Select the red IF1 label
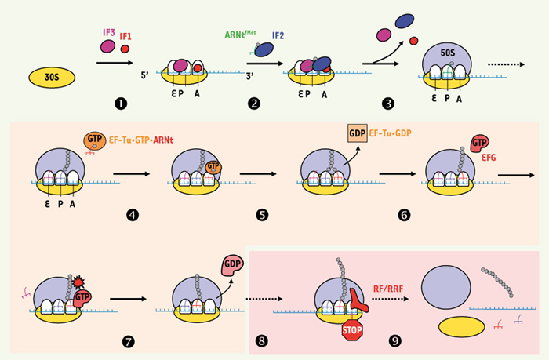[126, 36]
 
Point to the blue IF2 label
[279, 35]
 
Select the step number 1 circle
[118, 102]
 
